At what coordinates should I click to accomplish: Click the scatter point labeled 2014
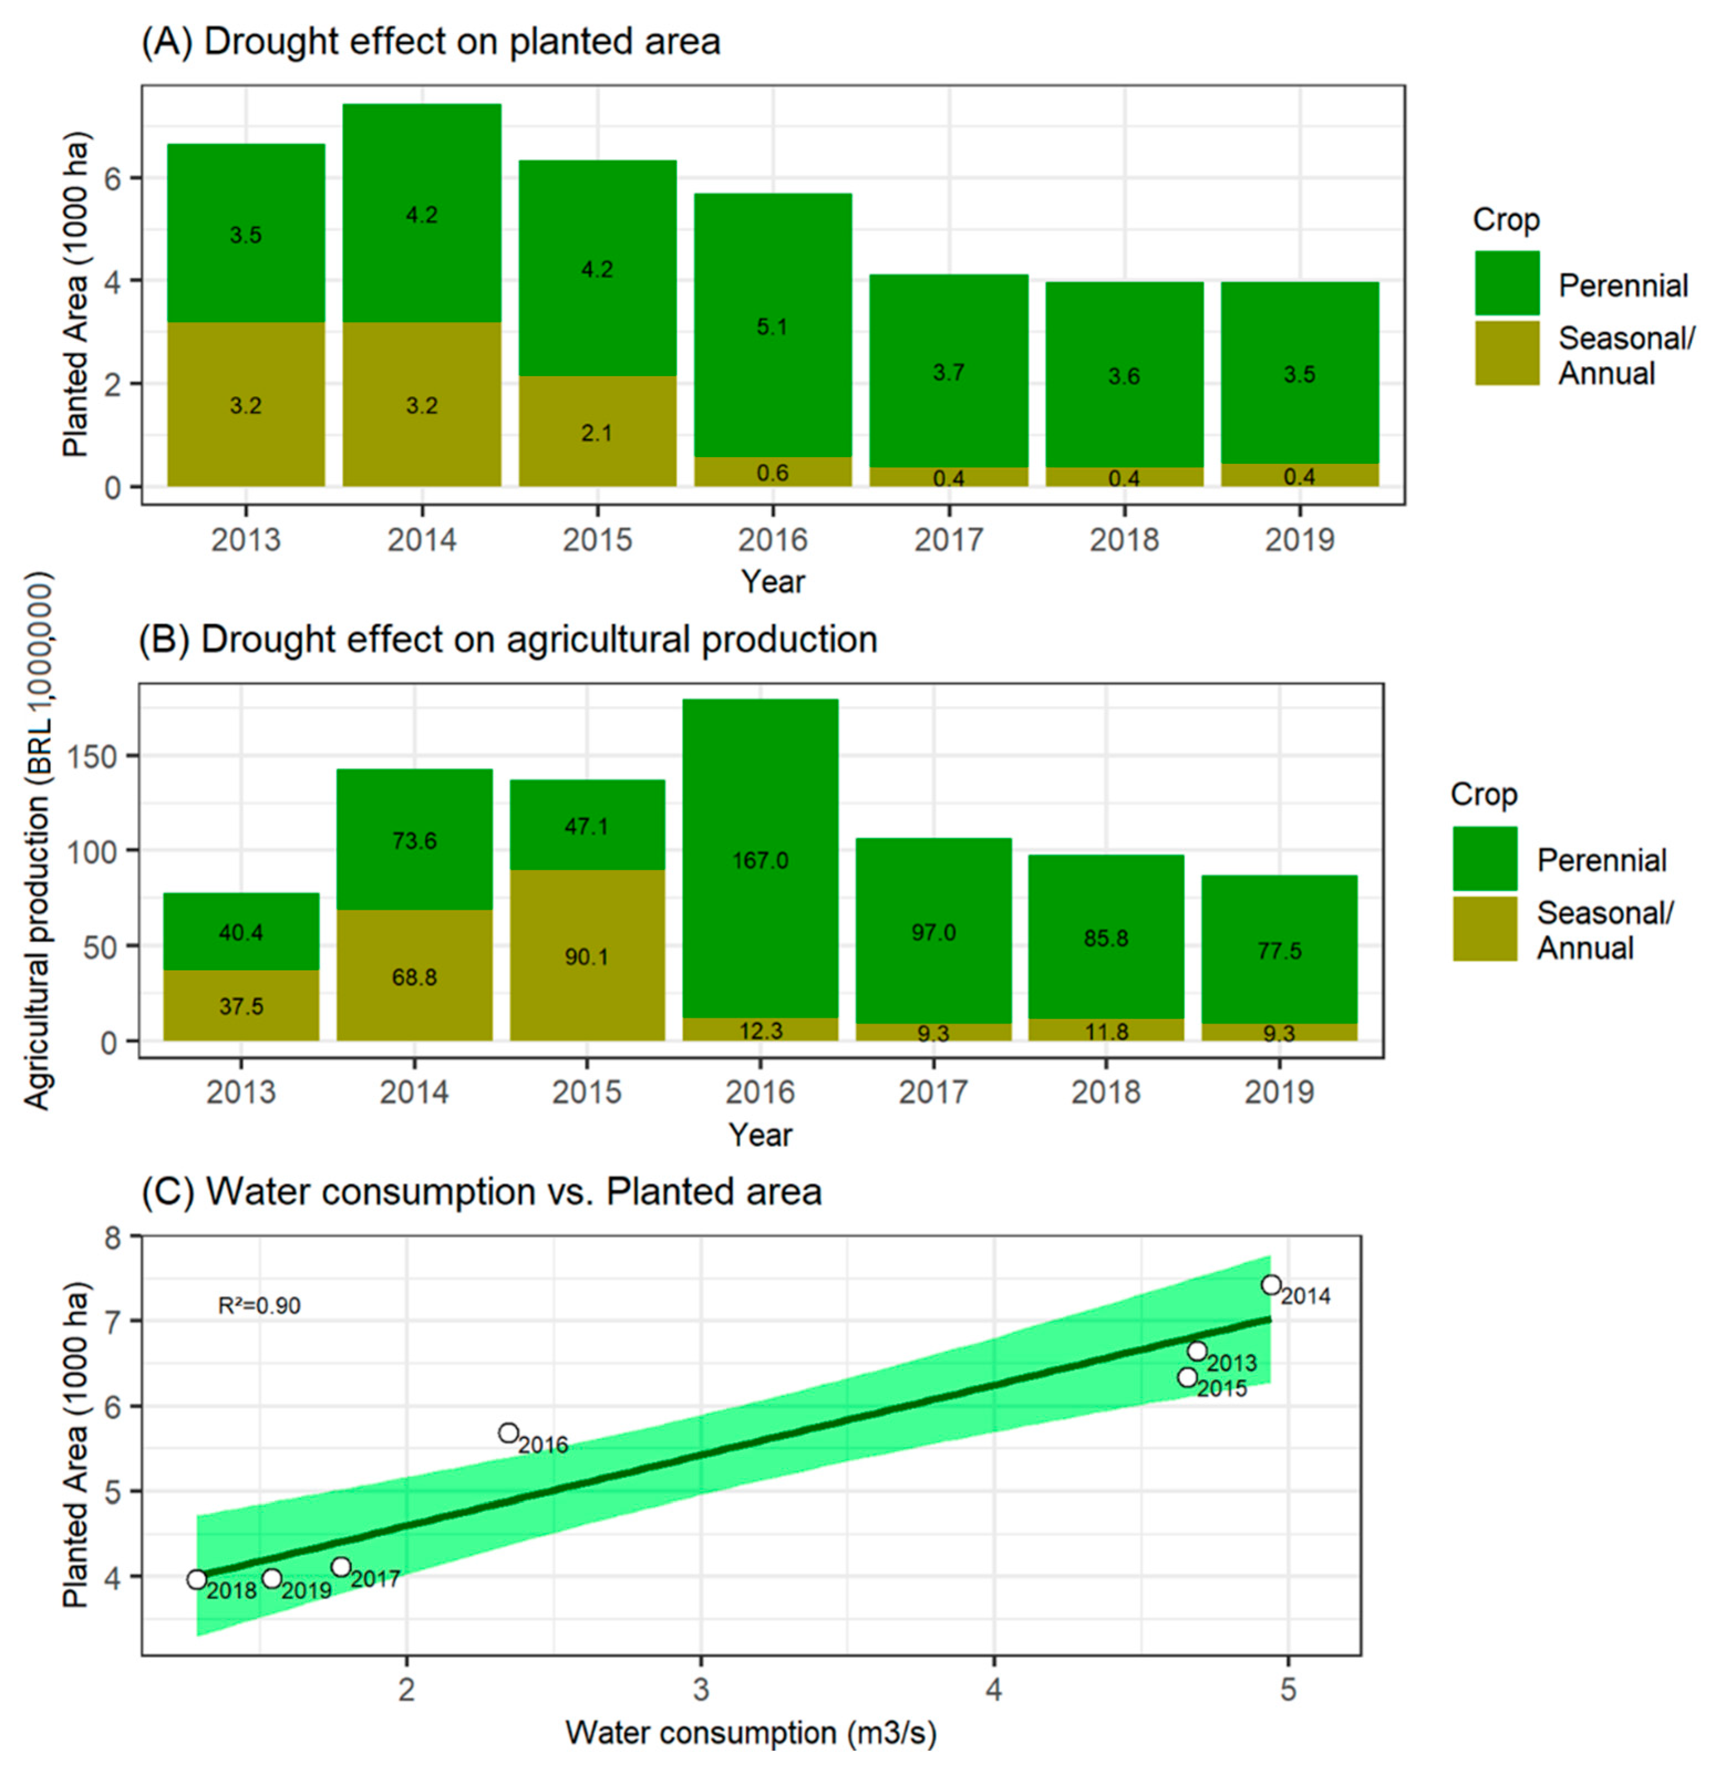click(x=1271, y=1284)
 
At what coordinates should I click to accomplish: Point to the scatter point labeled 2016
click(x=509, y=1433)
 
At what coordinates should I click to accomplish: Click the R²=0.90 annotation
click(x=259, y=1305)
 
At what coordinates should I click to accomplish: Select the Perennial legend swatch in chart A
click(x=1507, y=282)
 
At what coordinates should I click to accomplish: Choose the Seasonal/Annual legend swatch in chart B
click(x=1485, y=928)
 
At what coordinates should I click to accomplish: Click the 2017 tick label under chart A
click(x=948, y=540)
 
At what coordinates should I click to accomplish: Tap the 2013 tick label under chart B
click(x=241, y=1092)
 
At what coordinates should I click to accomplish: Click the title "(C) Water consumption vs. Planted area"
click(x=481, y=1191)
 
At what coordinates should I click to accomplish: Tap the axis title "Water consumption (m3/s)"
click(x=750, y=1732)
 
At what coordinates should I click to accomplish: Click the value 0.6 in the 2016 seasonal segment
click(x=772, y=473)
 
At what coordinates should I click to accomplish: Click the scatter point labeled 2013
click(x=1197, y=1350)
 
